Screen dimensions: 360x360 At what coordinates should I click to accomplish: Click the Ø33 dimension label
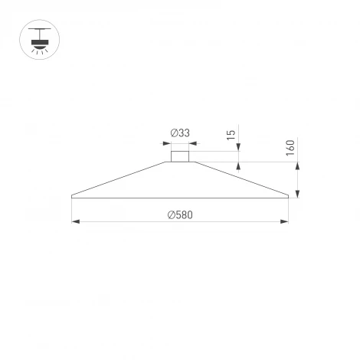pyautogui.click(x=179, y=133)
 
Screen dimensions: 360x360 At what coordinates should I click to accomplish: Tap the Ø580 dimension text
pyautogui.click(x=179, y=214)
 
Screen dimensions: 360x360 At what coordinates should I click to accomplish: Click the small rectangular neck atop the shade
pyautogui.click(x=179, y=156)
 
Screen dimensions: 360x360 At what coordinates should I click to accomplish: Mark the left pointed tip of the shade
pyautogui.click(x=72, y=196)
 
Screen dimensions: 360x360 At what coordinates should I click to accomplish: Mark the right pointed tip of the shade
pyautogui.click(x=288, y=196)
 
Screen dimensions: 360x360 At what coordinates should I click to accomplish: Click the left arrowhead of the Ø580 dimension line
pyautogui.click(x=75, y=222)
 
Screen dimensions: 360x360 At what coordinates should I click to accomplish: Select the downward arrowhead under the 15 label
pyautogui.click(x=239, y=149)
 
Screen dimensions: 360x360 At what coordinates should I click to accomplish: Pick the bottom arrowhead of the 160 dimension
pyautogui.click(x=297, y=193)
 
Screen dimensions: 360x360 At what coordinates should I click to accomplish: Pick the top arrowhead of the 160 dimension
pyautogui.click(x=297, y=165)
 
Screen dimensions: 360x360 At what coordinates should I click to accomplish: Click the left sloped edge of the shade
pyautogui.click(x=123, y=178)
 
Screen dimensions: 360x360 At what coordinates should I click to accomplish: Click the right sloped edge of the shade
pyautogui.click(x=239, y=178)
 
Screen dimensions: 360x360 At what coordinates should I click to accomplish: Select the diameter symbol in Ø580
pyautogui.click(x=171, y=214)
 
